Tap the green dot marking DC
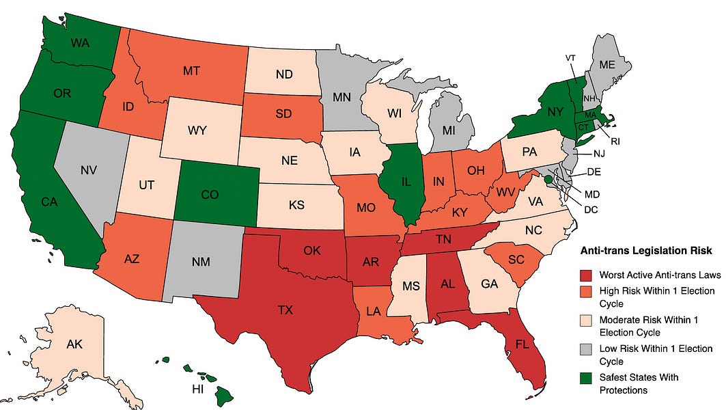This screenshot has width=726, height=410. pos(548,179)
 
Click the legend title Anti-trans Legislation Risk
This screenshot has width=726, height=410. pos(645,251)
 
